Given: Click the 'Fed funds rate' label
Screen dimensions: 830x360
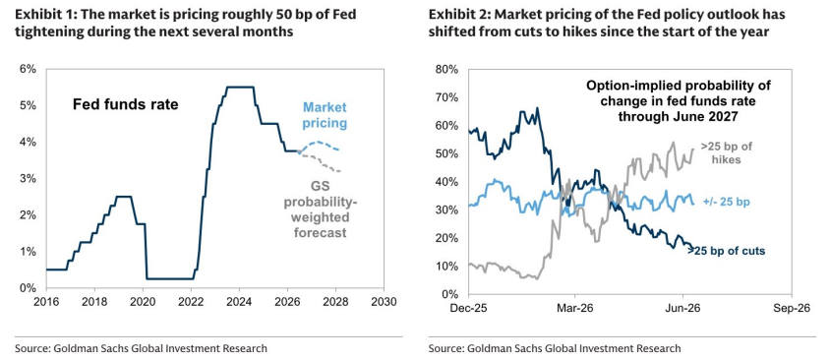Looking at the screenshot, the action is point(126,105).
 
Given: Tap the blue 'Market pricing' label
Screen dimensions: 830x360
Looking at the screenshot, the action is point(325,115).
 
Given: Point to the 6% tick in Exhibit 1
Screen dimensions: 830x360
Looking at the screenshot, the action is point(29,69).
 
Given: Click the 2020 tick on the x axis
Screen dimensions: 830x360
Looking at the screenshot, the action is point(143,300).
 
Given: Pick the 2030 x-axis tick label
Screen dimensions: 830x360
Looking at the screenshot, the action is point(384,300).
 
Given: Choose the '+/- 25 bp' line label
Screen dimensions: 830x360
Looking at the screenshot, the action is point(728,202).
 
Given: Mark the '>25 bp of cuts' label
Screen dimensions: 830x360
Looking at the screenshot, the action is point(726,252).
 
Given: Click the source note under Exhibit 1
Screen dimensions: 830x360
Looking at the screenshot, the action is point(141,348).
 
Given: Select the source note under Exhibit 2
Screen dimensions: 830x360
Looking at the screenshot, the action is point(555,348).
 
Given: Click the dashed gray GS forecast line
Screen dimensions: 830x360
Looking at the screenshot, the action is point(320,161).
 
